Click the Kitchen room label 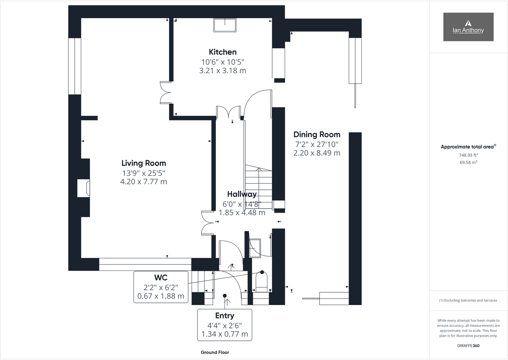pos(223,52)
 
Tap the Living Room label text pos(144,163)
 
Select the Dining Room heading pos(317,134)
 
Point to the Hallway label pos(242,194)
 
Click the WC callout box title pos(161,278)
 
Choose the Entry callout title pos(225,316)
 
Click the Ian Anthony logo pos(468,27)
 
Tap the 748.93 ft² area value pos(468,155)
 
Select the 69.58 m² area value pos(468,163)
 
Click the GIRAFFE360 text pos(468,346)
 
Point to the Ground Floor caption pos(215,352)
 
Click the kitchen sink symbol pos(225,25)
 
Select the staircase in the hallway pos(258,185)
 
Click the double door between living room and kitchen pos(165,92)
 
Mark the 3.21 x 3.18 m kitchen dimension pos(223,71)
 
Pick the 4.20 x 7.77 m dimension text pos(144,182)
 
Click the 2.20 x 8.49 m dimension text pos(317,153)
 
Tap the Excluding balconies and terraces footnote pos(468,300)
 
